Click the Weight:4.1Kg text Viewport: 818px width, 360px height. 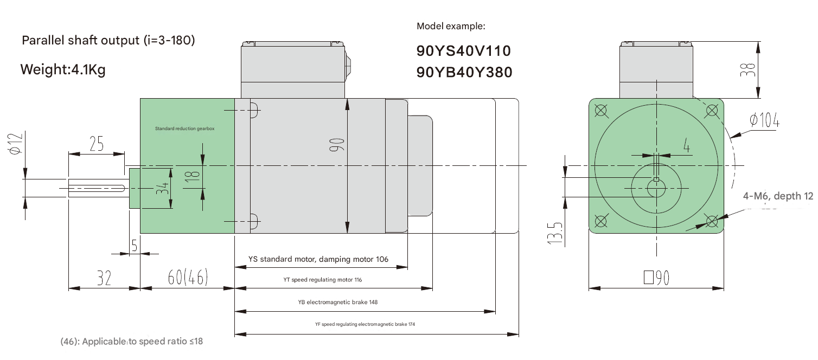coord(62,70)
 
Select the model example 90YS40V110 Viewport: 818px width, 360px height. coord(463,52)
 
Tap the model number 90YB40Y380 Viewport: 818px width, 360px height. coord(464,72)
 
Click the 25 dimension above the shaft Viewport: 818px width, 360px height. coord(96,144)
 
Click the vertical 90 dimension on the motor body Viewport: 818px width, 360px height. coord(337,145)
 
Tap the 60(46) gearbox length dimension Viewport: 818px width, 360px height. coord(188,278)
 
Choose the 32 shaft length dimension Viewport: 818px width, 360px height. coord(104,278)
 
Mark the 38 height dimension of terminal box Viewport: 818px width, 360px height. coord(749,69)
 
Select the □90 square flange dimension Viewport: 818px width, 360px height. coord(656,278)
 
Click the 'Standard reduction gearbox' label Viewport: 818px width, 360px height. coord(184,129)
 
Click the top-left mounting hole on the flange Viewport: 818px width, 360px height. coord(600,110)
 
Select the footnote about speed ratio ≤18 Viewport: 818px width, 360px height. coord(131,342)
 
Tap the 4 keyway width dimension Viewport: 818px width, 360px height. coord(686,146)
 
